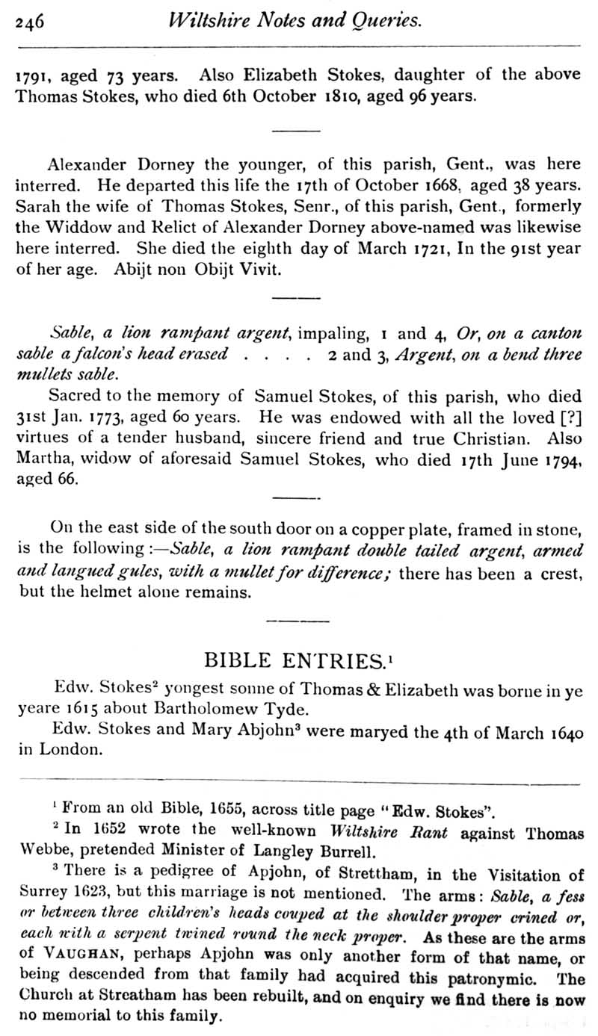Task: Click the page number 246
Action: click(x=30, y=21)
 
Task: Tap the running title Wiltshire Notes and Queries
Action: click(x=295, y=20)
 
